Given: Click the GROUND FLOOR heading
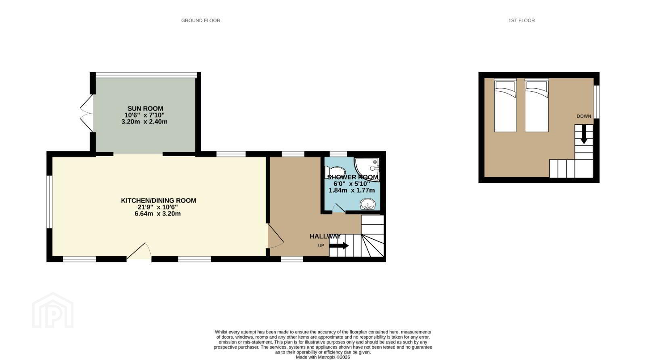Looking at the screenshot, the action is [200, 21].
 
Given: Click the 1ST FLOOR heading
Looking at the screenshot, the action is [521, 21].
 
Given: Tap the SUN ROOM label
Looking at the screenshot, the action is [145, 109].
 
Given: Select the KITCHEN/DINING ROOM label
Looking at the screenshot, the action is [158, 201].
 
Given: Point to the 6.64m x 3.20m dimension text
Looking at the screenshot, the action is [157, 214].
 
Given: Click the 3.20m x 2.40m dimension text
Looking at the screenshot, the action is [144, 121].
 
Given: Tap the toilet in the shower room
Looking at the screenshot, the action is [335, 172].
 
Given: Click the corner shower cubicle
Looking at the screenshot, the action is [367, 169].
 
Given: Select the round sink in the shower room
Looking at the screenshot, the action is [367, 204].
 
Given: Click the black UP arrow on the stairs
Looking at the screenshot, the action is [339, 246].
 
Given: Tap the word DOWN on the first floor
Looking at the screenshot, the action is [584, 117].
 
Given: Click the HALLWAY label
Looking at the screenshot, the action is [325, 237].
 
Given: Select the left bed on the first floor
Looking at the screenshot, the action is [505, 105].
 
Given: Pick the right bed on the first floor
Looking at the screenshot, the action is [537, 105].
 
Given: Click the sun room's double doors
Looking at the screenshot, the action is [86, 113].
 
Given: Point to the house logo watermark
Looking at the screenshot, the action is [53, 310].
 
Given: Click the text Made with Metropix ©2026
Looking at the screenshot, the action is [323, 358].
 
